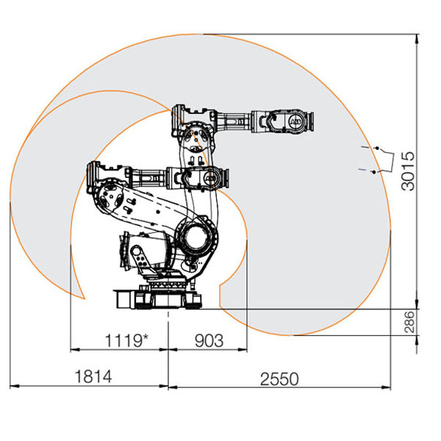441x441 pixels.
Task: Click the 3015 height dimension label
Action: pos(409,171)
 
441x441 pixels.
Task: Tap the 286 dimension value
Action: pos(409,322)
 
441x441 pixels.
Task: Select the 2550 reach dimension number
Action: pos(279,379)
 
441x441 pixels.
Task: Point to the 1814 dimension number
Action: pos(93,376)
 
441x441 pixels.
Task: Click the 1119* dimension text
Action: pos(126,340)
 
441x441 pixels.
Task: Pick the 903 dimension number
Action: pos(209,340)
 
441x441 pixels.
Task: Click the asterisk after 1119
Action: pos(146,337)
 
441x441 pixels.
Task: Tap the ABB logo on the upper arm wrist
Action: pos(295,122)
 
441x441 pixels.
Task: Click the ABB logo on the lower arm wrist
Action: pos(209,179)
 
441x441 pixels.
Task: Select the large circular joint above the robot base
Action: pos(196,236)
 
